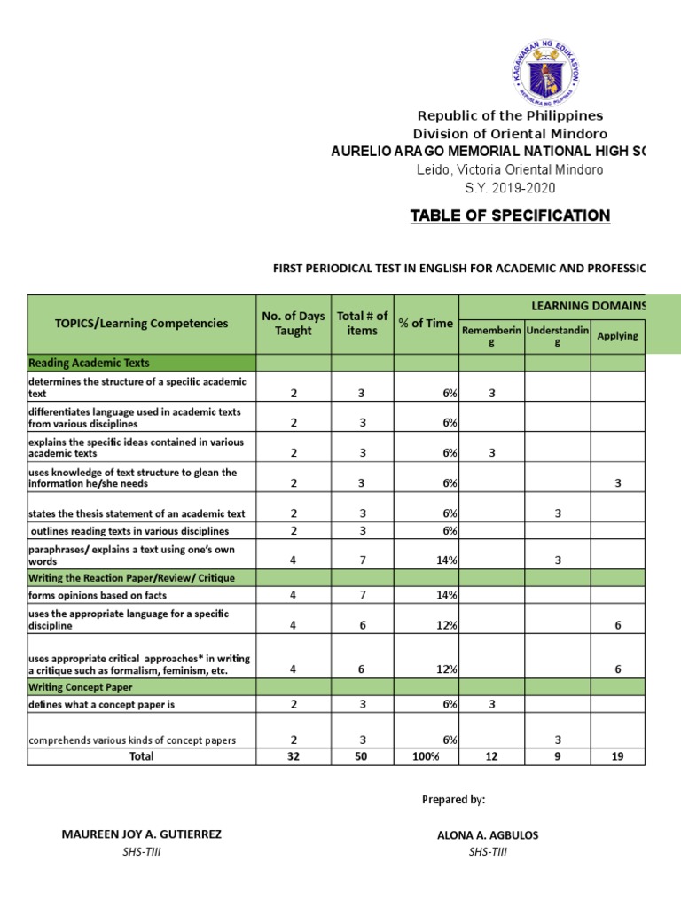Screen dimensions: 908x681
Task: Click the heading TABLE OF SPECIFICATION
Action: point(510,215)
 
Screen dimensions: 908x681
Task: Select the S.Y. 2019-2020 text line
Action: point(510,187)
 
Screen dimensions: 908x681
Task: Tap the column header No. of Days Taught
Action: point(294,324)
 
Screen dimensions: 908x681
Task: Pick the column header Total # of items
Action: point(362,324)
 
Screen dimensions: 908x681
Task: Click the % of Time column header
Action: point(426,324)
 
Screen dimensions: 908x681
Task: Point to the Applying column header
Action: point(617,336)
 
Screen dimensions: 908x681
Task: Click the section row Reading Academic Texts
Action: point(89,363)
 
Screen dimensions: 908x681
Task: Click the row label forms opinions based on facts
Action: point(98,595)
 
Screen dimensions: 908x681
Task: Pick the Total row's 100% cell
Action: point(426,756)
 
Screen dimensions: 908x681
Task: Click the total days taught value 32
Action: point(294,756)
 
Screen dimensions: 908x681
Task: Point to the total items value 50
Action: point(362,756)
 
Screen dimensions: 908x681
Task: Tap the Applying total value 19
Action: point(617,756)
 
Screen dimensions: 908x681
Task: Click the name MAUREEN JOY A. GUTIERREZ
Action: point(142,834)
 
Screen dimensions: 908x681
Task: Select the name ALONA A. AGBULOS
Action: point(488,834)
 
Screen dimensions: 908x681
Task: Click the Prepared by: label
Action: point(453,800)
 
